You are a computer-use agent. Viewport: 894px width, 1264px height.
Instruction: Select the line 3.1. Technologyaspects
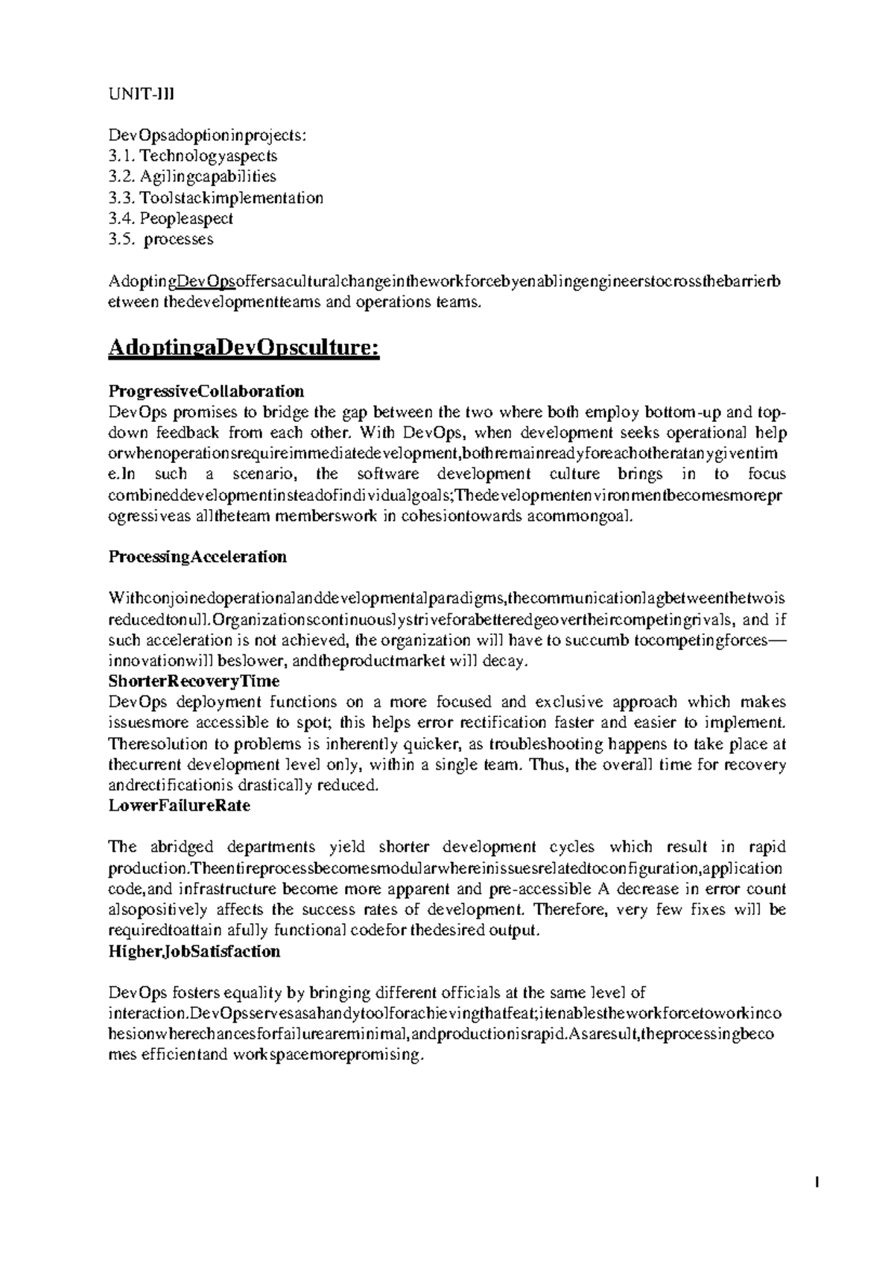(x=192, y=156)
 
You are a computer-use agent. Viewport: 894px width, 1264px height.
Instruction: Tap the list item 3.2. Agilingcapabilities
(x=191, y=176)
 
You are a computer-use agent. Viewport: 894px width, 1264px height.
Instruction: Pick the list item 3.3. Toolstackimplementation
(x=215, y=197)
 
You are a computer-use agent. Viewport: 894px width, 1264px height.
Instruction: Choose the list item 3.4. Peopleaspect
(x=171, y=218)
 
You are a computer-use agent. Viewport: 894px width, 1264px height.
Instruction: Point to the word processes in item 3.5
(x=179, y=239)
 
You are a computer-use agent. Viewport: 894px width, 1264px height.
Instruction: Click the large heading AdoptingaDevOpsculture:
(x=244, y=348)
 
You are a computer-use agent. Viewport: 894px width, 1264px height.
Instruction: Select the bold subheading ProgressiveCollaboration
(x=206, y=391)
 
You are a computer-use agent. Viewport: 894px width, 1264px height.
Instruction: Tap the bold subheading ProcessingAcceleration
(x=197, y=557)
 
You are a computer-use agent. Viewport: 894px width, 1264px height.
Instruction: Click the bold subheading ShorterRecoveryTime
(x=194, y=681)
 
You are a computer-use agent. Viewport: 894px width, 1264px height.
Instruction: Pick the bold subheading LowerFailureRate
(x=179, y=805)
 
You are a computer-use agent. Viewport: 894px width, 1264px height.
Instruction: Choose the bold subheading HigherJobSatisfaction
(x=194, y=951)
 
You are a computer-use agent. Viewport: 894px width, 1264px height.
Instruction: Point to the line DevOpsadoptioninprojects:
(x=207, y=135)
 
